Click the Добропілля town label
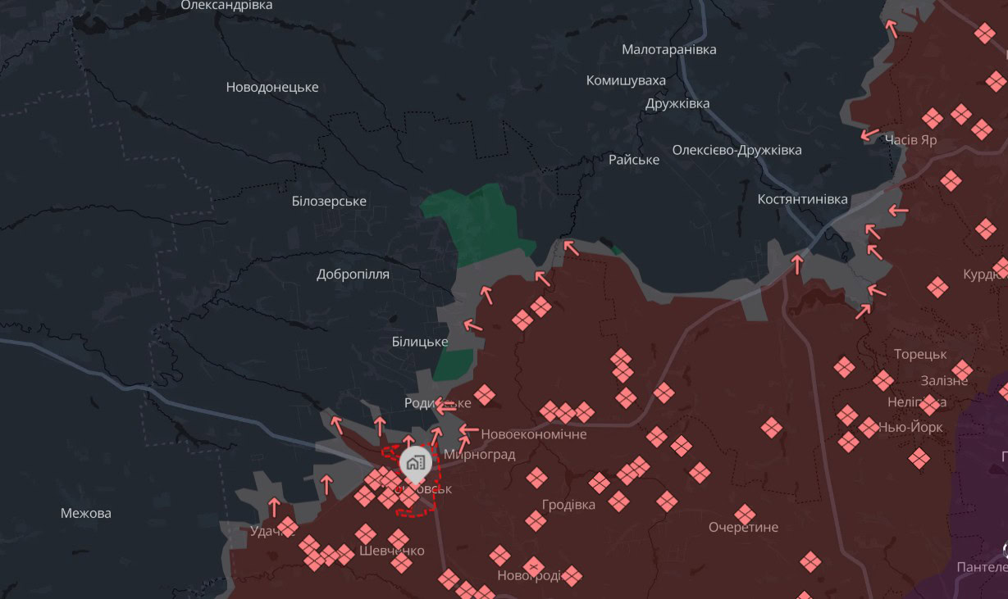353,275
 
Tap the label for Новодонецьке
272,87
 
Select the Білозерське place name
329,201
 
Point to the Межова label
86,514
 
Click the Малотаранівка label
668,49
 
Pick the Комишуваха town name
626,80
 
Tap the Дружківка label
677,103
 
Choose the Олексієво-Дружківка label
737,150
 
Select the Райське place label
634,159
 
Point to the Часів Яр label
910,139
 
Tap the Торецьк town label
920,354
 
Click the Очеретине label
743,527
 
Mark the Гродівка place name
568,504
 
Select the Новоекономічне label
534,433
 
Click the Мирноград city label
479,454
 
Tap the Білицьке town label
419,341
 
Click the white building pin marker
415,464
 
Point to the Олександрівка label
226,5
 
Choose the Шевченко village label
391,551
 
